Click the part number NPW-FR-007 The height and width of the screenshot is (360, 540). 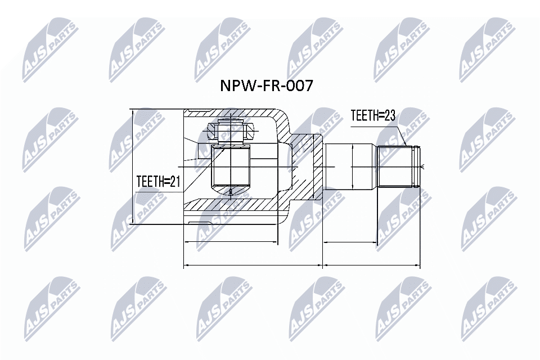pyautogui.click(x=265, y=86)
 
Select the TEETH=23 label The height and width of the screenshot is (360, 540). pyautogui.click(x=373, y=116)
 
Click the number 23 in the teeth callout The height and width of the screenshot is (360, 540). pyautogui.click(x=389, y=116)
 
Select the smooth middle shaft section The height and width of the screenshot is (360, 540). pyautogui.click(x=350, y=167)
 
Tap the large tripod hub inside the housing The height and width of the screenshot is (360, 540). pyautogui.click(x=230, y=168)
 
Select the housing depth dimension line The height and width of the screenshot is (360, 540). pyautogui.click(x=231, y=243)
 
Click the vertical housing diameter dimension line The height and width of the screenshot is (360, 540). pyautogui.click(x=133, y=167)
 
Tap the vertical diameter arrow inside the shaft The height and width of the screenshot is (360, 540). pyautogui.click(x=352, y=167)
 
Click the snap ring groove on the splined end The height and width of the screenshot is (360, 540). pyautogui.click(x=416, y=166)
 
